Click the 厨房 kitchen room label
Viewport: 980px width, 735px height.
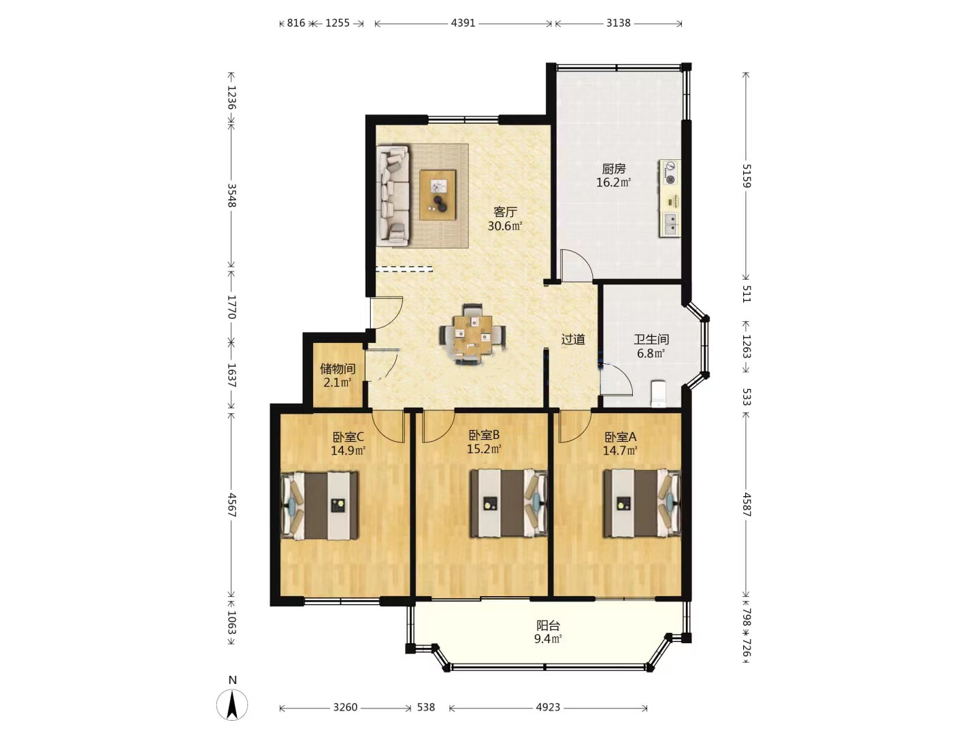tap(613, 169)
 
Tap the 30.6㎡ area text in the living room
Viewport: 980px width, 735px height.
tap(504, 226)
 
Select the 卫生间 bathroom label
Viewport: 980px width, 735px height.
tap(651, 339)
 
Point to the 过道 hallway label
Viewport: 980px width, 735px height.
tap(573, 340)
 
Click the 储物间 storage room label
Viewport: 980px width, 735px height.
tap(338, 369)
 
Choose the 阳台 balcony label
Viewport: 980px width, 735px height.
tap(548, 625)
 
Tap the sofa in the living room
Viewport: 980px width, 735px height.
tap(393, 195)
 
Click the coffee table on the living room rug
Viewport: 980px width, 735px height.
tap(438, 195)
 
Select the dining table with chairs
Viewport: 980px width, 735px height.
tap(472, 334)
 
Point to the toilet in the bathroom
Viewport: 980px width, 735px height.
tap(659, 393)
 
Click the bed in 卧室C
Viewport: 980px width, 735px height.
tap(319, 506)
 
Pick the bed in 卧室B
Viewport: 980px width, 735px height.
tap(508, 503)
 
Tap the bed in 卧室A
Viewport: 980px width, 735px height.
tap(642, 503)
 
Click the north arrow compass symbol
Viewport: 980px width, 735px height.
tap(232, 705)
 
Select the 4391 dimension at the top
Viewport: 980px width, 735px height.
tap(463, 23)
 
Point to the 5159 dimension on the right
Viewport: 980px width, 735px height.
tap(746, 176)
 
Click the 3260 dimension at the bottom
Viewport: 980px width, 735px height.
tap(345, 707)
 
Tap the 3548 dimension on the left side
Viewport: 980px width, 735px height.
tap(231, 195)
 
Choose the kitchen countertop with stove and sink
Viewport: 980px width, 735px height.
tap(670, 198)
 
